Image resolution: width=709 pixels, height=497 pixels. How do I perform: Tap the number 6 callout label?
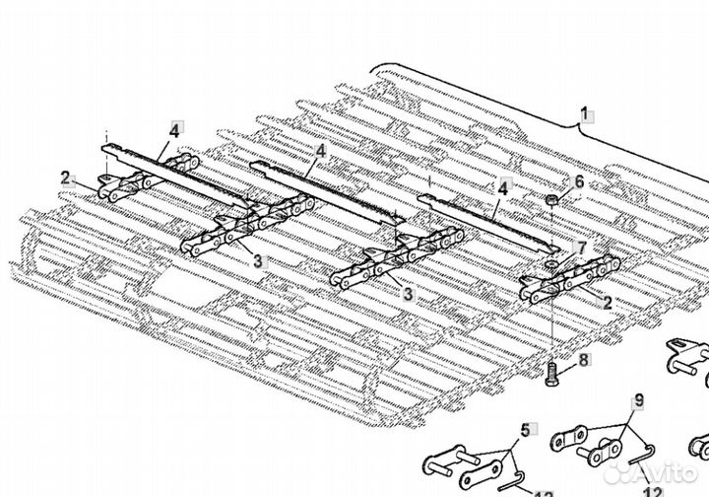tap(579, 182)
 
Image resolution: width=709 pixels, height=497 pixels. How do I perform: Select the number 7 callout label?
tap(581, 249)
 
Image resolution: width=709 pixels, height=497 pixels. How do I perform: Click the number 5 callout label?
tap(525, 429)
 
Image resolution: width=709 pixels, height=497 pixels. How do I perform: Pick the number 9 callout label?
tap(638, 400)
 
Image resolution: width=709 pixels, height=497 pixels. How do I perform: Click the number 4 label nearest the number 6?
tap(503, 186)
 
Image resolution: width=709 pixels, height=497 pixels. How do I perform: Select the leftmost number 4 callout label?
tap(174, 130)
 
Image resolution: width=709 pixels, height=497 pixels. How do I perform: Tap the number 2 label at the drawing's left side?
tap(66, 178)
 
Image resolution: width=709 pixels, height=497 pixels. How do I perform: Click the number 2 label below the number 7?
tap(607, 304)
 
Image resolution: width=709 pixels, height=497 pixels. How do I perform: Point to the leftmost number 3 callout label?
tap(257, 260)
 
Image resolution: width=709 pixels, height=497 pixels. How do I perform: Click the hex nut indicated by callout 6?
tap(551, 201)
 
